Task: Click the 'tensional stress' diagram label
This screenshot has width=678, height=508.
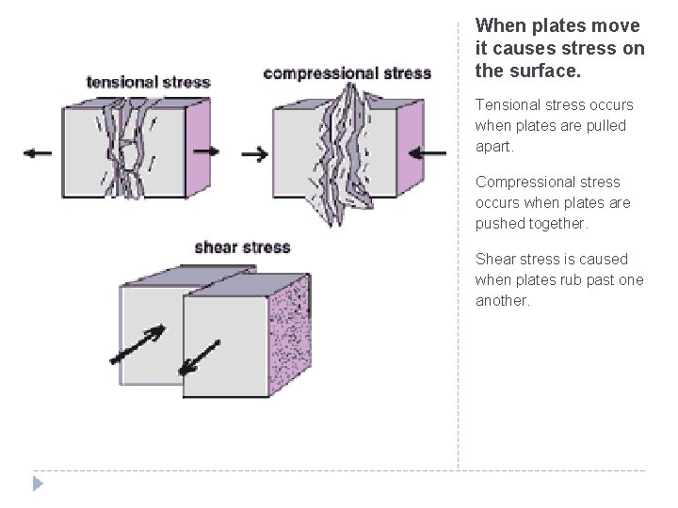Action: pos(148,82)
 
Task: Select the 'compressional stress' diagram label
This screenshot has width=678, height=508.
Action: pos(347,72)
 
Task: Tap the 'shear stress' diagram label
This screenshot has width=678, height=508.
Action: pos(242,247)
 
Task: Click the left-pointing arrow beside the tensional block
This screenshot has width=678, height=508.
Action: pos(39,153)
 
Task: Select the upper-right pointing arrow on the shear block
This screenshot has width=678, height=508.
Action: pos(137,344)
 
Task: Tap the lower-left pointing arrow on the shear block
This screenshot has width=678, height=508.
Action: pos(201,356)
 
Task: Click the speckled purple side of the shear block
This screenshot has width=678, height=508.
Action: pos(291,334)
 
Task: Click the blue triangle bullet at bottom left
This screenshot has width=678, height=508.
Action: pos(37,484)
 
